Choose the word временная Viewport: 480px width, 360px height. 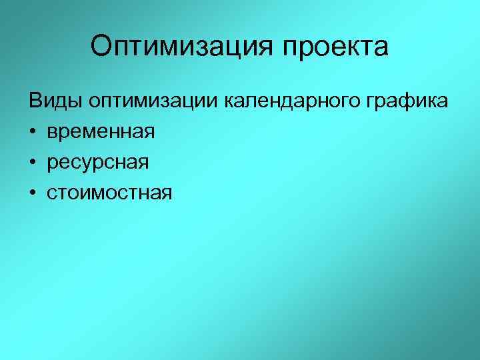point(101,131)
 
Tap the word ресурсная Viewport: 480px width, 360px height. point(98,162)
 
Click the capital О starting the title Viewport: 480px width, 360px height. point(102,47)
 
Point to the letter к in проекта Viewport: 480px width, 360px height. point(357,48)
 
